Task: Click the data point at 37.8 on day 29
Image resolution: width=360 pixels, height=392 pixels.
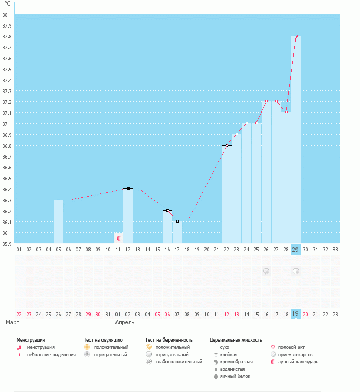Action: point(296,36)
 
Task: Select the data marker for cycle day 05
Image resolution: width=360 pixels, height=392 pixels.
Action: point(59,200)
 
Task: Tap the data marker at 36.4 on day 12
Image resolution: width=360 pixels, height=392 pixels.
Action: point(128,188)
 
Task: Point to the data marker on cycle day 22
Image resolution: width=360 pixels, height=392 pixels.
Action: point(227,145)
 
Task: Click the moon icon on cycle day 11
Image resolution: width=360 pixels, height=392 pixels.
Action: point(119,238)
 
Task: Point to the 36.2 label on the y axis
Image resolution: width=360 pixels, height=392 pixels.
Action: point(5,211)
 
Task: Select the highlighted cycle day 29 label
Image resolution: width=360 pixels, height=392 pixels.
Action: point(296,250)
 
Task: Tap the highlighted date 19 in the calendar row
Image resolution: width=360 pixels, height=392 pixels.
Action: point(296,313)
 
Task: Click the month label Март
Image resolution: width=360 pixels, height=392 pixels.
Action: point(12,323)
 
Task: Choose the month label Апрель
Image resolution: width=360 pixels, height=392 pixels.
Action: point(124,323)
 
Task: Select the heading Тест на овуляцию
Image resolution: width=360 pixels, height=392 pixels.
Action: point(103,340)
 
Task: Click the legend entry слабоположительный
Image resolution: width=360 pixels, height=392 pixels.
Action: point(178,362)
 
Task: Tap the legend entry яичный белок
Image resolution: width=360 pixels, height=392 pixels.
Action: point(234,376)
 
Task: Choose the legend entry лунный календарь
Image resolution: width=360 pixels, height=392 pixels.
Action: point(298,362)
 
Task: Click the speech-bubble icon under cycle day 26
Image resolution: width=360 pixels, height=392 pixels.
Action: point(266,271)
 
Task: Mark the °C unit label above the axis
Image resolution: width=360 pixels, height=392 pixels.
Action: point(7,4)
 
